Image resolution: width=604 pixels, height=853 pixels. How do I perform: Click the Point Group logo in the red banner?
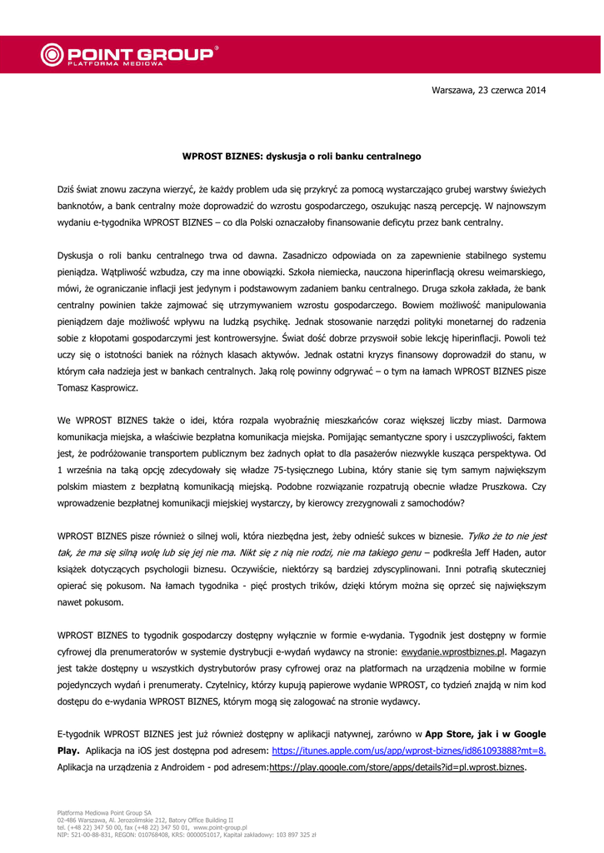[129, 55]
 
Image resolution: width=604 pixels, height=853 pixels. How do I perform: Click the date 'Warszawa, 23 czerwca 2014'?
[488, 90]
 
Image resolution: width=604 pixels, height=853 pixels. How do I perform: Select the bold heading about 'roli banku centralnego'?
[302, 156]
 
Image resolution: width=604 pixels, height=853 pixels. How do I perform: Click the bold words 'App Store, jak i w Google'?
[486, 734]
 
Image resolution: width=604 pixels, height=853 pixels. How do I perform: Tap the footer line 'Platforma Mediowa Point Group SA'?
[104, 812]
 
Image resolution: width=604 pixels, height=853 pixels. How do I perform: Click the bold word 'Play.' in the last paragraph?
[68, 751]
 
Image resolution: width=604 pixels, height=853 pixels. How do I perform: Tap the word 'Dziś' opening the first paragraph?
[67, 190]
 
